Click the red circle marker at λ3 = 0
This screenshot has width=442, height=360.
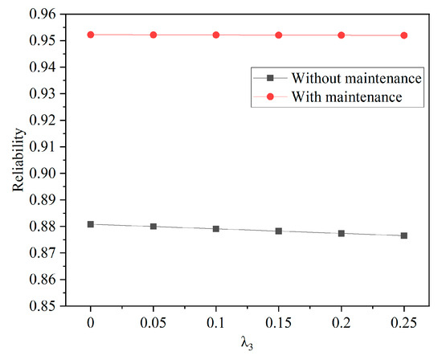pos(91,35)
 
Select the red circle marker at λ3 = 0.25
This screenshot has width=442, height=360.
pos(404,35)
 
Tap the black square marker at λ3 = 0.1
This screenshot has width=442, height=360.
pos(216,228)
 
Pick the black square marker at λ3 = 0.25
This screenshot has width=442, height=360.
pos(404,235)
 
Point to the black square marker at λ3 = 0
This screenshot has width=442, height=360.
pos(91,224)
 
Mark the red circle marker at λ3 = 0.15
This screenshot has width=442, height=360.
pos(279,35)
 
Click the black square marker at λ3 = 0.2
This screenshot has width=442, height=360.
pos(342,233)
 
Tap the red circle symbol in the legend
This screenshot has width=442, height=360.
pos(271,96)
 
